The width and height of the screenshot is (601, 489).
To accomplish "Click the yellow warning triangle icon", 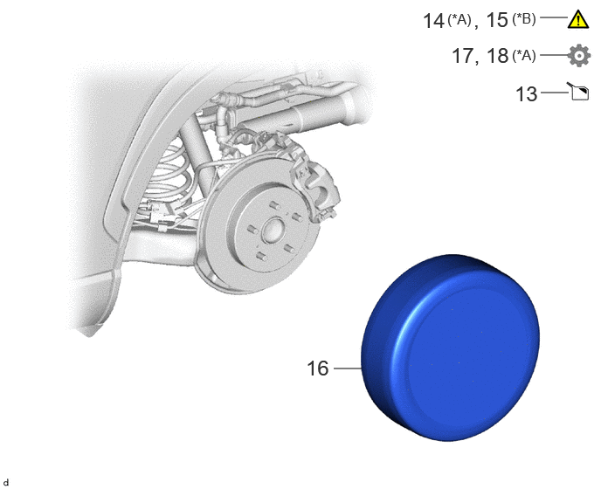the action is [578, 19].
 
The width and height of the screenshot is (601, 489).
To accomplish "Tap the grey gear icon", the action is [579, 56].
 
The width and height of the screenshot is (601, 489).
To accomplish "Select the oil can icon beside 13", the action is [579, 92].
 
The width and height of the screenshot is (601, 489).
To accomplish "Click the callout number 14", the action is [433, 20].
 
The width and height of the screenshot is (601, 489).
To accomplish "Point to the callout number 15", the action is [497, 20].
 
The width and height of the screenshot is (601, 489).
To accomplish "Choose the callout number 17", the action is [463, 56].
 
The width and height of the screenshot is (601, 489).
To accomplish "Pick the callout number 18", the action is [498, 56].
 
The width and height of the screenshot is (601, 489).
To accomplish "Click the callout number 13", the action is [527, 94].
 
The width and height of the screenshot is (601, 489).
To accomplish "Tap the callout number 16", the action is [318, 368].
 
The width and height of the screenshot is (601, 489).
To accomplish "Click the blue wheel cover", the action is [451, 348].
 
